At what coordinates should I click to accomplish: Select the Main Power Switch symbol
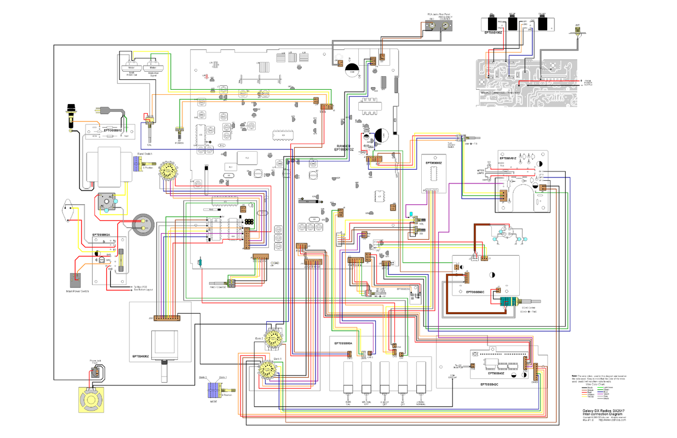point(73,280)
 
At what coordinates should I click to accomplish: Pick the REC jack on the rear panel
point(432,25)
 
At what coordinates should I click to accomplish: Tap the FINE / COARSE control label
point(217,286)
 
